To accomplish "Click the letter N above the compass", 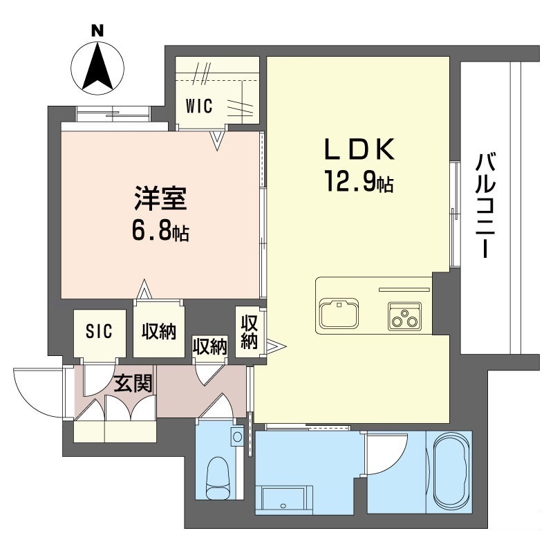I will point(97,30).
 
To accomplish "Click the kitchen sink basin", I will point(339,314).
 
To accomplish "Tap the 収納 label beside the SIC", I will point(158,332).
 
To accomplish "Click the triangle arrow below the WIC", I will point(218,140).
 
